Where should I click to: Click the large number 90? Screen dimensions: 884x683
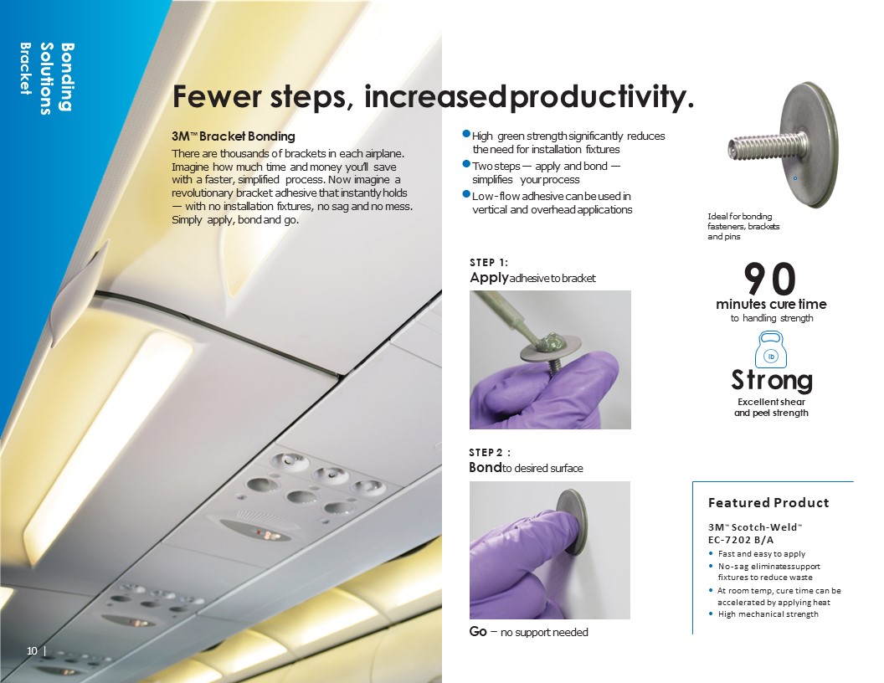pyautogui.click(x=770, y=279)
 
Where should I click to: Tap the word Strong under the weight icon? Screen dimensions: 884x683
pyautogui.click(x=772, y=380)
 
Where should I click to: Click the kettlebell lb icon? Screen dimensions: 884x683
pyautogui.click(x=771, y=349)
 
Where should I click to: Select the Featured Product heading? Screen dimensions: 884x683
pyautogui.click(x=768, y=503)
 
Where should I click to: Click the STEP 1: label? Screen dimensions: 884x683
pyautogui.click(x=489, y=263)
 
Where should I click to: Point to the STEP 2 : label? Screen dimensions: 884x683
pyautogui.click(x=490, y=453)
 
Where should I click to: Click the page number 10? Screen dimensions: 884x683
pyautogui.click(x=32, y=651)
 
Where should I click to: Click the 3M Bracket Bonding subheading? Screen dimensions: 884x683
pyautogui.click(x=234, y=136)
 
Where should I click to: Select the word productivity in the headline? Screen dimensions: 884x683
pyautogui.click(x=602, y=96)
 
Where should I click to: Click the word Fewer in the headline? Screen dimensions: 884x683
pyautogui.click(x=217, y=96)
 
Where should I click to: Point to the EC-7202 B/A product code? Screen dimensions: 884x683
pyautogui.click(x=741, y=539)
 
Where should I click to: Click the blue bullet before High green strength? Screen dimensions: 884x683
pyautogui.click(x=466, y=134)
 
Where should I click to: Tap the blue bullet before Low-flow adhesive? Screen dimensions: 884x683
pyautogui.click(x=466, y=194)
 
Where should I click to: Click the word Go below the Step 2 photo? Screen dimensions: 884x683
pyautogui.click(x=478, y=632)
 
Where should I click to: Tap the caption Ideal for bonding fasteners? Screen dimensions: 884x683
pyautogui.click(x=743, y=227)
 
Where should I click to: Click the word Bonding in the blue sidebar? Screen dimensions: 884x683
pyautogui.click(x=67, y=77)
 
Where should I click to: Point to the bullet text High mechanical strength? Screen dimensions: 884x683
pyautogui.click(x=768, y=614)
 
